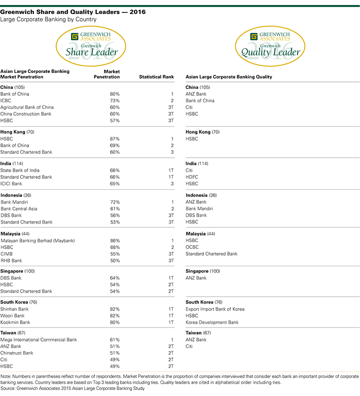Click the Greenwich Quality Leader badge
pos(270,45)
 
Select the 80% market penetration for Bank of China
pos(114,94)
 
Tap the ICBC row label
pos(6,100)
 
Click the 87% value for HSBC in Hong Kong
pos(114,139)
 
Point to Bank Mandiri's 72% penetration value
pos(114,202)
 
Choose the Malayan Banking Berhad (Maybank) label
pos(37,241)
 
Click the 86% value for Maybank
pos(114,241)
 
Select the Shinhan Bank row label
pos(15,309)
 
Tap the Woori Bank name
pos(13,316)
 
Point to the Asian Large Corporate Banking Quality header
pos(228,77)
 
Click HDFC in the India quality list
pos(192,177)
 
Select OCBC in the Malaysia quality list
pos(192,247)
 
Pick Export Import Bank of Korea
pos(215,309)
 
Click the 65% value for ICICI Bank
pos(114,183)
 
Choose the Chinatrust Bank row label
pos(17,353)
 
